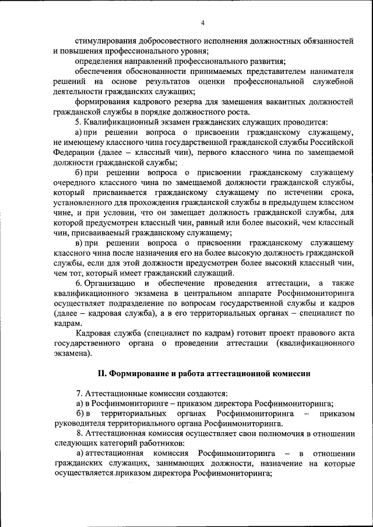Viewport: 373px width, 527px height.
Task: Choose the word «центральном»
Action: [205, 293]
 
